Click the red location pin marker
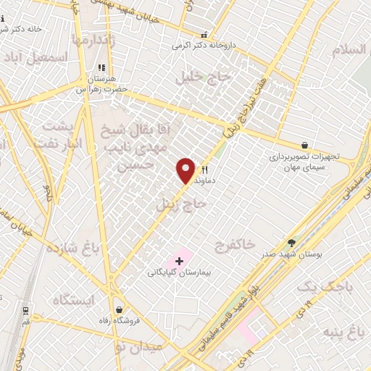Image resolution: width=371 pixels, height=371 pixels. (x=186, y=170)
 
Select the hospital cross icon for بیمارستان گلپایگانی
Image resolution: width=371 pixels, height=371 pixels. (x=179, y=260)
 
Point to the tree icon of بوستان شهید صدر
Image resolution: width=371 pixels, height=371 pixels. (x=292, y=243)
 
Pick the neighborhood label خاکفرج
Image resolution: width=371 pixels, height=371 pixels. (x=236, y=245)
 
